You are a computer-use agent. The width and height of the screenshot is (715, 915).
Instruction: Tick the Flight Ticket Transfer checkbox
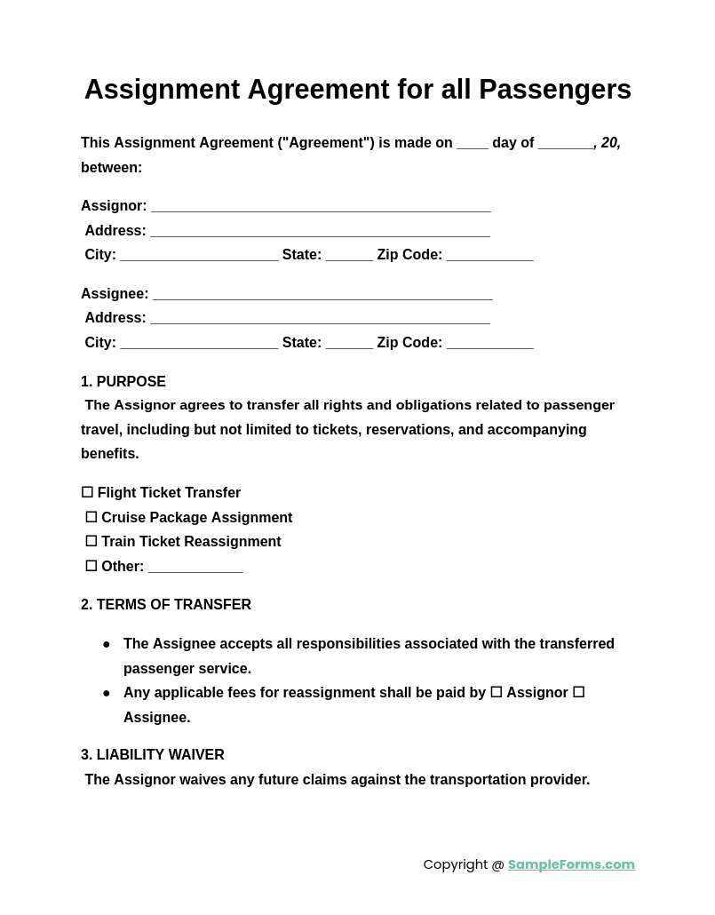[87, 492]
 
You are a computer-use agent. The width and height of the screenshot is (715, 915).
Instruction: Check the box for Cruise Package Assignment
[91, 517]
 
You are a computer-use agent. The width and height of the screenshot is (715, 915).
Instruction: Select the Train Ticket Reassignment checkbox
[91, 541]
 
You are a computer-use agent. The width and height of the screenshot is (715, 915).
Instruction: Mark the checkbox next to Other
[91, 566]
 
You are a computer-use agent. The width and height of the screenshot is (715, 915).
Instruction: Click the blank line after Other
[195, 569]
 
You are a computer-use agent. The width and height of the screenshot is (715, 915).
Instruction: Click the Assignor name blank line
[321, 208]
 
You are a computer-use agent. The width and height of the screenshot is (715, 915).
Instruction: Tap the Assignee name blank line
[322, 296]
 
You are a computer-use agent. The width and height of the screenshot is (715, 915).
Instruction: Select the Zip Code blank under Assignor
[489, 257]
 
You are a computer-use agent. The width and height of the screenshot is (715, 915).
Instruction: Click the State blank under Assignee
[349, 345]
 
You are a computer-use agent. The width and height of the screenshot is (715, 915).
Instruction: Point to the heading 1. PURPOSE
[123, 382]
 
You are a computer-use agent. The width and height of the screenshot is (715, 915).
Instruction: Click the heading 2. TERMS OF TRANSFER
[166, 605]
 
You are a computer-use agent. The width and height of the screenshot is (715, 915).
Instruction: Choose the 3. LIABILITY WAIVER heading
[153, 755]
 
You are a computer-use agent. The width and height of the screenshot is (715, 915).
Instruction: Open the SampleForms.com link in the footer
[571, 864]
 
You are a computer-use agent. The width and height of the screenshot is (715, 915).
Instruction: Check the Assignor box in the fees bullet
[497, 692]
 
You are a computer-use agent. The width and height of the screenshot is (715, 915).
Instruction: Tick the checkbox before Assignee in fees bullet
[578, 692]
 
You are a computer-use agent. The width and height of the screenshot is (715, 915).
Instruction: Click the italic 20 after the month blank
[610, 143]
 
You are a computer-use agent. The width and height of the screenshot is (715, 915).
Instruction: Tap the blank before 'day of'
[473, 145]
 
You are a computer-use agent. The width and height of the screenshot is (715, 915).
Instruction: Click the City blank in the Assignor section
[199, 257]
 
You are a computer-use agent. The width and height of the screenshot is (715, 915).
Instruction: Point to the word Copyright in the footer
[455, 864]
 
